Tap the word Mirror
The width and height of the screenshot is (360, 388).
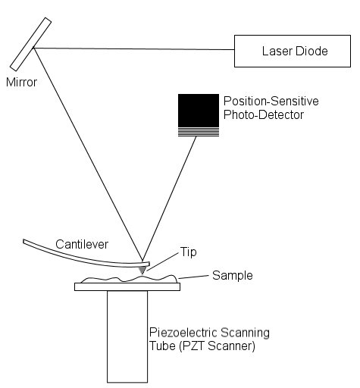coord(21,83)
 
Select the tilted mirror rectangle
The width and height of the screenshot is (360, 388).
coord(30,44)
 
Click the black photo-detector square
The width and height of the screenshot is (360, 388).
coord(199,111)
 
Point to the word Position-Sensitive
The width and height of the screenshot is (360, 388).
coord(271,101)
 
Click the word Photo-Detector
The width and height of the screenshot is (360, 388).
coord(264,114)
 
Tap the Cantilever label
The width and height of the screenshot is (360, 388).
coord(82,244)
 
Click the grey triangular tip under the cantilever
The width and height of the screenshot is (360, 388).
coord(142,270)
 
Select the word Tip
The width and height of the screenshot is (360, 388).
coord(188,252)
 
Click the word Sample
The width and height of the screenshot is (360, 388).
coord(233,275)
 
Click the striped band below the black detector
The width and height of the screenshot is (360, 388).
coord(199,132)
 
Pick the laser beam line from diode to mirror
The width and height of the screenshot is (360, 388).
coord(134,48)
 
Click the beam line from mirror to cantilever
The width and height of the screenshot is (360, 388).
coord(88,155)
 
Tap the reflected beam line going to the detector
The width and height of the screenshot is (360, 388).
coord(169,199)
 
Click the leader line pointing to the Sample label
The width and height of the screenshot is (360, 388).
coord(193,277)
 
